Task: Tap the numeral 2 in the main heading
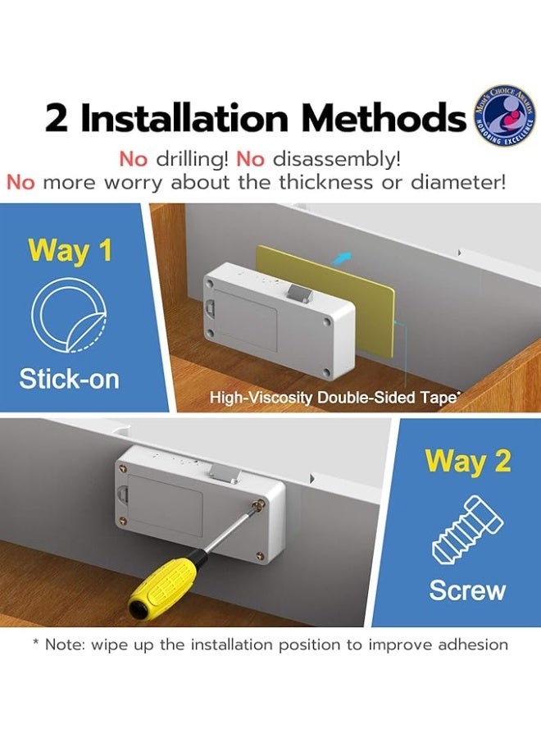tap(57, 118)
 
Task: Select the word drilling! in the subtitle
tap(192, 160)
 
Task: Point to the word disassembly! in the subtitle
tap(337, 160)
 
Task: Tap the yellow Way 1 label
tap(70, 250)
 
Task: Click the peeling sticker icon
tap(69, 314)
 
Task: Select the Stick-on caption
tap(69, 380)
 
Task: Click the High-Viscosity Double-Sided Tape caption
tap(333, 398)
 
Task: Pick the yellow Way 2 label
tap(467, 461)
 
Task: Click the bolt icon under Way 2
tap(467, 531)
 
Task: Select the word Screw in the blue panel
tap(467, 590)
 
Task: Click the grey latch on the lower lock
tap(224, 474)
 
